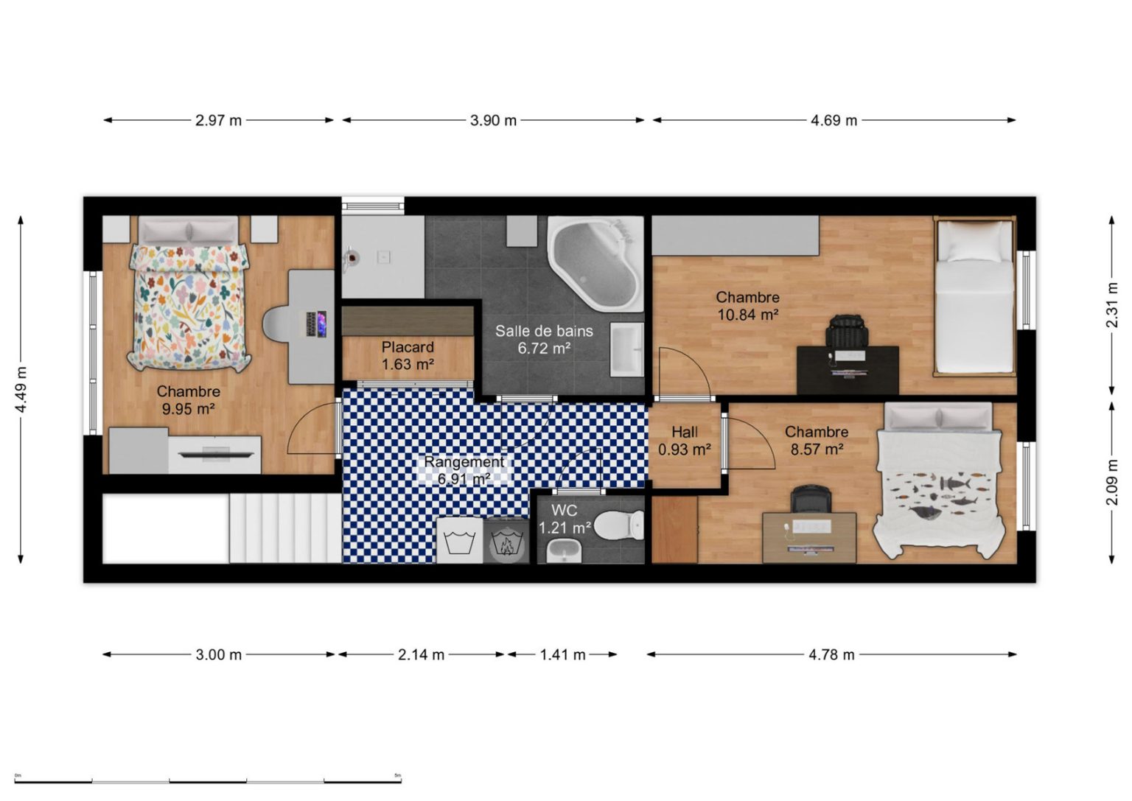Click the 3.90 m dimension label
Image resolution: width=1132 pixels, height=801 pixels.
[493, 121]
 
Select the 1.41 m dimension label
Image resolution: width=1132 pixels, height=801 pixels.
[562, 655]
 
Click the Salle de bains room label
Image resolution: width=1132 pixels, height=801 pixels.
[544, 331]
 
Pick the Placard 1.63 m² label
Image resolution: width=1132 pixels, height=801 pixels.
[408, 356]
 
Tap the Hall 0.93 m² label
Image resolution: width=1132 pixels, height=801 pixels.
[685, 440]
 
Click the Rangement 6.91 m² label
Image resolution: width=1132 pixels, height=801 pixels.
[464, 470]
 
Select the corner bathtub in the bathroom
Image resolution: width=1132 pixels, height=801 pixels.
[595, 263]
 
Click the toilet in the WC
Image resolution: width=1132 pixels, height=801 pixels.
[618, 525]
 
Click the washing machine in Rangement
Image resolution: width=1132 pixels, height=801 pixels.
[459, 539]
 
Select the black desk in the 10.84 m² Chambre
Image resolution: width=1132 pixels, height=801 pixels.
[848, 370]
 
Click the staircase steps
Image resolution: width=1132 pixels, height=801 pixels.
[286, 528]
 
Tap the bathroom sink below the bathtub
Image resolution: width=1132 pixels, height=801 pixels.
[626, 350]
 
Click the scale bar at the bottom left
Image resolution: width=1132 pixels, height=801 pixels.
[208, 781]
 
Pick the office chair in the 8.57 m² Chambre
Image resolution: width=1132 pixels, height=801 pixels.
[811, 501]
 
